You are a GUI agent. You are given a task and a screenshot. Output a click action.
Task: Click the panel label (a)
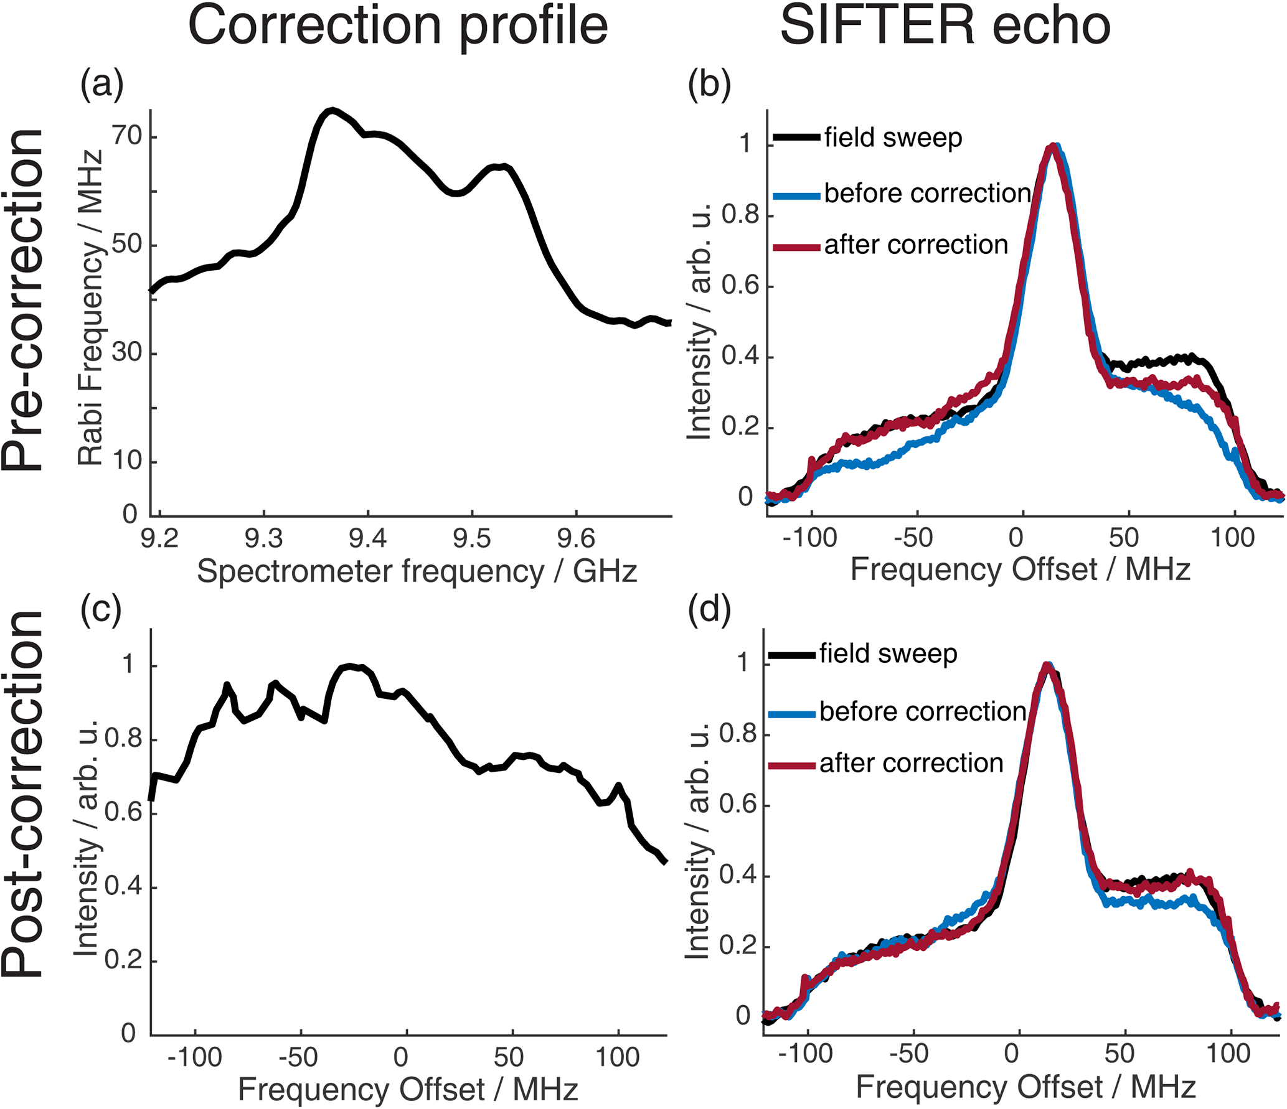pos(102,85)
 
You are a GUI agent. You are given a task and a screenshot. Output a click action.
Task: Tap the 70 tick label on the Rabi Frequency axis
pos(127,135)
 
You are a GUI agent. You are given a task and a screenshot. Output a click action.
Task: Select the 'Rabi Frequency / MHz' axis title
pos(91,307)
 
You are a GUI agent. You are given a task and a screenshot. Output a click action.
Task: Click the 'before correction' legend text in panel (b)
pos(927,194)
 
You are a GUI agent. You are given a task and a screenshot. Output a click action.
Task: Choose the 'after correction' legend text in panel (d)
pos(911,764)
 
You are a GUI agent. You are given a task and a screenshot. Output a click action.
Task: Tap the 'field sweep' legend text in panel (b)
pos(893,138)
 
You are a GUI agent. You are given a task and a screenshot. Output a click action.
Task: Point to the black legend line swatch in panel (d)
pos(791,655)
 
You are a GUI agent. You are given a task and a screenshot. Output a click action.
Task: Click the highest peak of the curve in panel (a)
pos(332,111)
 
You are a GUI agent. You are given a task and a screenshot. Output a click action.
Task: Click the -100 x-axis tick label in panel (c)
pos(195,1057)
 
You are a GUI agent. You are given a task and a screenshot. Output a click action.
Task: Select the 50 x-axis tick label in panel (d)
pos(1120,1053)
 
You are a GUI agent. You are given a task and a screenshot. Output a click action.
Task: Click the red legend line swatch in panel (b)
pos(796,247)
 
